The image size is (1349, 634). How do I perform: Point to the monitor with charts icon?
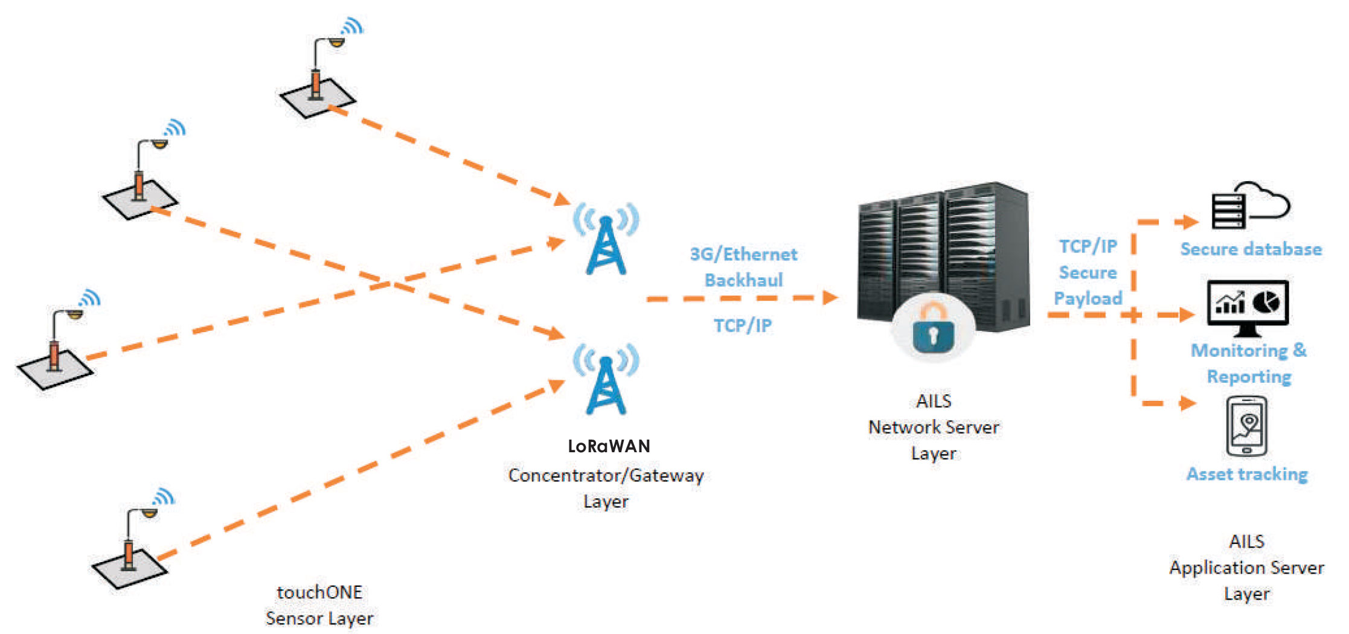pyautogui.click(x=1248, y=307)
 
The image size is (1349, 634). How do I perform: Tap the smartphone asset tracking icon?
pyautogui.click(x=1246, y=426)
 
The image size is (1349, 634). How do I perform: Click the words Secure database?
pyautogui.click(x=1251, y=249)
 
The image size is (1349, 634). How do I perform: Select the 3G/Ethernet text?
pyautogui.click(x=743, y=254)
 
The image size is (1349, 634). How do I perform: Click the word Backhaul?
pyautogui.click(x=743, y=280)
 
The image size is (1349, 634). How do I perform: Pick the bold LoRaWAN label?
pyautogui.click(x=609, y=446)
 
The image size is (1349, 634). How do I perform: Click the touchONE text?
pyautogui.click(x=319, y=592)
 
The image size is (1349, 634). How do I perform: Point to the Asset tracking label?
pyautogui.click(x=1247, y=475)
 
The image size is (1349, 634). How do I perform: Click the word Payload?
pyautogui.click(x=1088, y=298)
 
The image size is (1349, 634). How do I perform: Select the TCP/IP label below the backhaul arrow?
pyautogui.click(x=743, y=326)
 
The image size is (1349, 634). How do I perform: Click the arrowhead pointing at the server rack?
pyautogui.click(x=831, y=297)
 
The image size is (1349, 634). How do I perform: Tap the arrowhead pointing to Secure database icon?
pyautogui.click(x=1190, y=222)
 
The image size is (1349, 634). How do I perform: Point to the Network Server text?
pyautogui.click(x=933, y=427)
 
